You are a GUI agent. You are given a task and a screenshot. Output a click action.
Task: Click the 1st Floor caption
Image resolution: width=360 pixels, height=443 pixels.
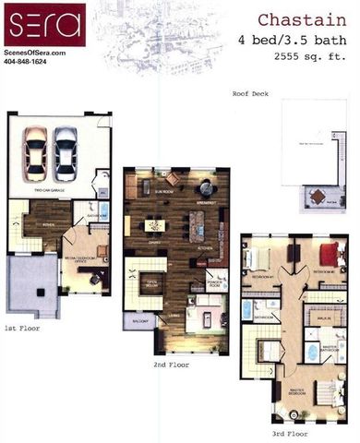pyautogui.click(x=21, y=327)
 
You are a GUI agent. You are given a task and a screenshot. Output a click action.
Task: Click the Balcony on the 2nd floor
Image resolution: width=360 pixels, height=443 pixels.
pyautogui.click(x=139, y=322)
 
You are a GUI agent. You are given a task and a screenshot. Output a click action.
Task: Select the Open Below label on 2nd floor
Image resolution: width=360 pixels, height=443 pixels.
pyautogui.click(x=150, y=283)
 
